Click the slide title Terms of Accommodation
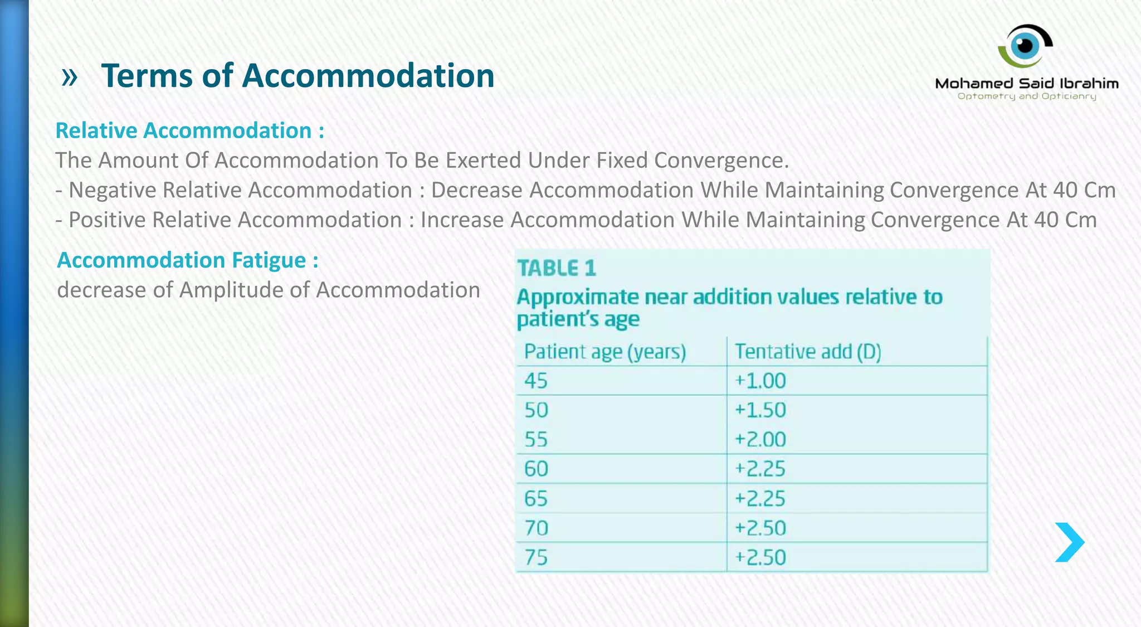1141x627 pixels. click(298, 76)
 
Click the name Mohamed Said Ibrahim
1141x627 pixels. click(1026, 84)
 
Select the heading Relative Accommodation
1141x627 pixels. click(189, 130)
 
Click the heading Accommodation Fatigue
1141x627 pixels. click(188, 260)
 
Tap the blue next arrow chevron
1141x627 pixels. click(1069, 542)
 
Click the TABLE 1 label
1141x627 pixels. click(557, 269)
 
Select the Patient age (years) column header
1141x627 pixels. click(605, 352)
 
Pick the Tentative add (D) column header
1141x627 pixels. click(808, 352)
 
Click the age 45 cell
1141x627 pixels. click(536, 381)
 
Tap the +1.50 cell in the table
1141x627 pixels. click(760, 410)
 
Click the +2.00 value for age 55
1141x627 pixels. click(760, 440)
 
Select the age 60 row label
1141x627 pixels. click(536, 469)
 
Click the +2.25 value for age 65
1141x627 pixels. click(760, 498)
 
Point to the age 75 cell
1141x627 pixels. click(536, 557)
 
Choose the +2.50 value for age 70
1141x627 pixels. click(760, 528)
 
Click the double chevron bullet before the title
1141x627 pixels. click(69, 77)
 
